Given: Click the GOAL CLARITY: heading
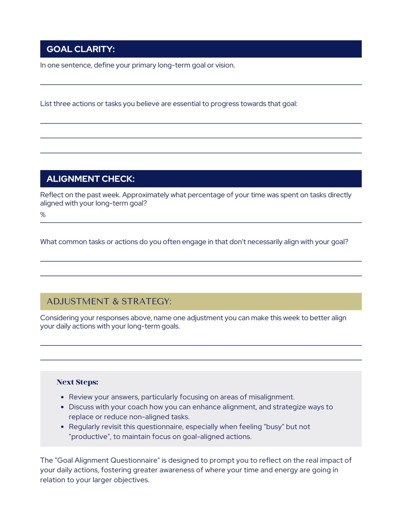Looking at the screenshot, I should point(81,49).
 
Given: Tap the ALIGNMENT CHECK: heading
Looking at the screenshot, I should point(90,179).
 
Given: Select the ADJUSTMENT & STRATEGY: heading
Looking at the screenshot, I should point(109,301).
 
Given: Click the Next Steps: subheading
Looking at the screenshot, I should point(77,382).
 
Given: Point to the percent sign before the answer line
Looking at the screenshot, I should point(43,215).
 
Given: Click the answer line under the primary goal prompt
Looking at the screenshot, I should point(201,84).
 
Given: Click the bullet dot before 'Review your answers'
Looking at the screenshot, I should point(63,397).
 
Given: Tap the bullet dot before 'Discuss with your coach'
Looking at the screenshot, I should point(63,407).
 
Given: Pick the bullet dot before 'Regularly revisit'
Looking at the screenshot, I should point(63,427).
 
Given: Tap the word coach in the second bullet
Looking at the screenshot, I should point(137,407).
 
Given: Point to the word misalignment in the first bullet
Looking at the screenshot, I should point(271,397).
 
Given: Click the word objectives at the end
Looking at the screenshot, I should point(131,480).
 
